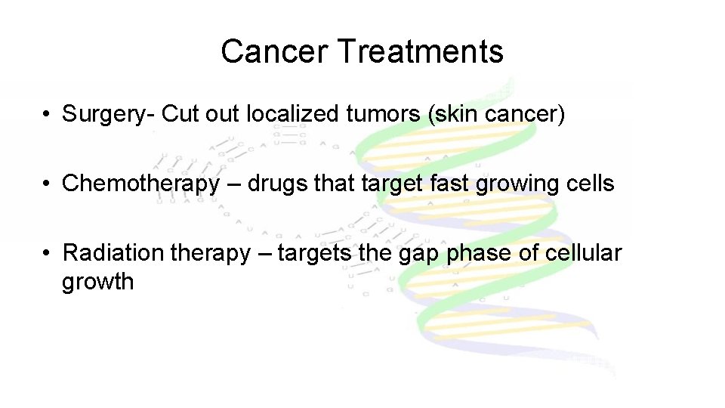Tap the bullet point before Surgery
coord(47,115)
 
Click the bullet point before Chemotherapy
coord(47,184)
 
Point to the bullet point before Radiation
coord(47,253)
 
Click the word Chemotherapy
coord(141,183)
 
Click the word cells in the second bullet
coord(591,183)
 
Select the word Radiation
coord(113,252)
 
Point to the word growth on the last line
coord(97,282)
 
